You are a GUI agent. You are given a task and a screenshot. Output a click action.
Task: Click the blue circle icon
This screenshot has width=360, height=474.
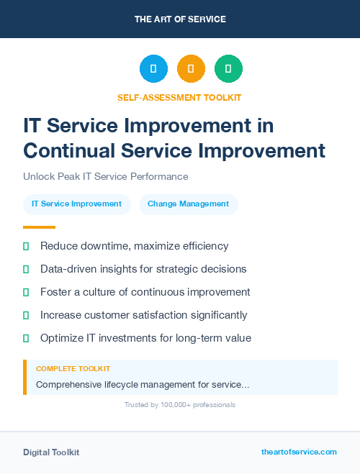click(153, 69)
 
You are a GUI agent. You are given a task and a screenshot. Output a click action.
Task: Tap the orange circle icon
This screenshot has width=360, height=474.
click(191, 69)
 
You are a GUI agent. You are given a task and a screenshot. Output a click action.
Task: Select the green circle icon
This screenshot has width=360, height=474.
click(228, 69)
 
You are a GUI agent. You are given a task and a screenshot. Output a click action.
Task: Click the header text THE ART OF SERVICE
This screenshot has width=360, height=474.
click(180, 19)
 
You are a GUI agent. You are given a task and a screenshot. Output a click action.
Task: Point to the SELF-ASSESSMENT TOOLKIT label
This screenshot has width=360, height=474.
click(179, 97)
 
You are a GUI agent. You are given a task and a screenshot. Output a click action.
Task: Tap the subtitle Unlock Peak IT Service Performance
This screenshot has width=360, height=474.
click(105, 176)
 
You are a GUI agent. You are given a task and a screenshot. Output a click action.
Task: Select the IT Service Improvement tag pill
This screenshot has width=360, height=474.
click(77, 204)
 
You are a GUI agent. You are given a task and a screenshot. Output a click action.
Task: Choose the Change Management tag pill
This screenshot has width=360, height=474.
click(188, 204)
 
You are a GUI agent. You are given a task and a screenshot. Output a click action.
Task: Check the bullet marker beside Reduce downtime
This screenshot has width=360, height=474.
click(26, 246)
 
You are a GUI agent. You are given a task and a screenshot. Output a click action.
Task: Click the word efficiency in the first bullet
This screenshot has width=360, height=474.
click(204, 246)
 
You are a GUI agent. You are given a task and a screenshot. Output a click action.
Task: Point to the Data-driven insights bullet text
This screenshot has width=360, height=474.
click(143, 269)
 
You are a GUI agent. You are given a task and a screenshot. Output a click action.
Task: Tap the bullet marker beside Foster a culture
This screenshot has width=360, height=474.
click(26, 292)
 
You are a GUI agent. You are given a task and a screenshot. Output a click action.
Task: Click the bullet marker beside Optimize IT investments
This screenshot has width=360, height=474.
click(26, 338)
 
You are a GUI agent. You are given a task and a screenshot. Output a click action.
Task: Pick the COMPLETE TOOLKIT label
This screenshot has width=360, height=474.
click(73, 369)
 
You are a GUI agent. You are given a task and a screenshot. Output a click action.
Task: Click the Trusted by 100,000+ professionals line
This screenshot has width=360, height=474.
click(179, 405)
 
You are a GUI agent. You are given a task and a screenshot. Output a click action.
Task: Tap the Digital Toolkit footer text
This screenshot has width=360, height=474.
click(51, 452)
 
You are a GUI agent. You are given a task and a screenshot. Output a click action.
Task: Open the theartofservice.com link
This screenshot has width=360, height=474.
click(299, 452)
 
